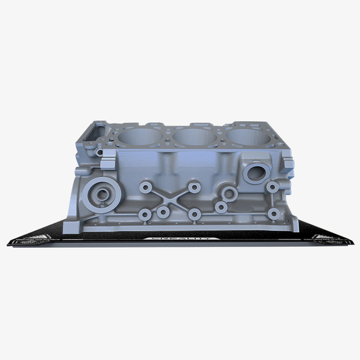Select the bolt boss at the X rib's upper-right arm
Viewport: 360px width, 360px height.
click(x=194, y=187)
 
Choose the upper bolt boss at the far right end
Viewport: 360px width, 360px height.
click(x=272, y=187)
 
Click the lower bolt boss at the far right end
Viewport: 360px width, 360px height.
click(x=272, y=213)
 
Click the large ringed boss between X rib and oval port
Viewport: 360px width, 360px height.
click(x=229, y=193)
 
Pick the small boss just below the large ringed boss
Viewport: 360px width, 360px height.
click(x=221, y=208)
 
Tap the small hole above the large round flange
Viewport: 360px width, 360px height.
click(x=100, y=152)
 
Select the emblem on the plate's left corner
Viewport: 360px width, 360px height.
click(x=39, y=238)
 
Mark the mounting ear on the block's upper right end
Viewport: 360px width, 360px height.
click(x=289, y=164)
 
